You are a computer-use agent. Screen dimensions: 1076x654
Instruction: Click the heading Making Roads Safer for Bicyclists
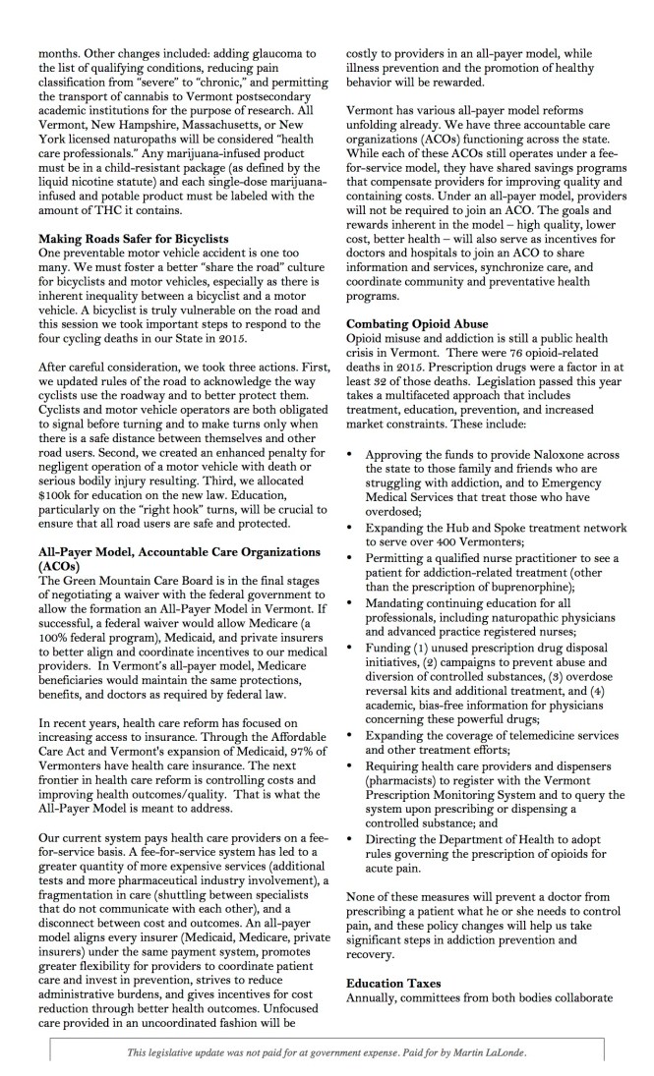[x=132, y=239]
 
